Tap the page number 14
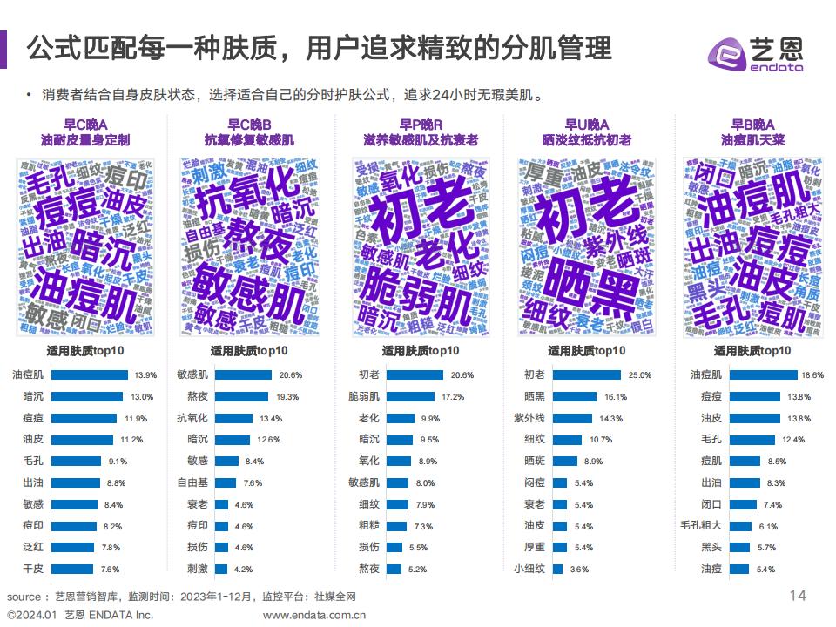797,596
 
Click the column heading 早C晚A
85,125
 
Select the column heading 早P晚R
421,125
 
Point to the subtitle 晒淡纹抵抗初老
586,139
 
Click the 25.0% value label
639,374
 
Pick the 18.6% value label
812,374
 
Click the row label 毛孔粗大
701,525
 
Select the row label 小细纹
529,569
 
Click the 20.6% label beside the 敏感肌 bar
290,374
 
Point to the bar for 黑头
739,547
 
